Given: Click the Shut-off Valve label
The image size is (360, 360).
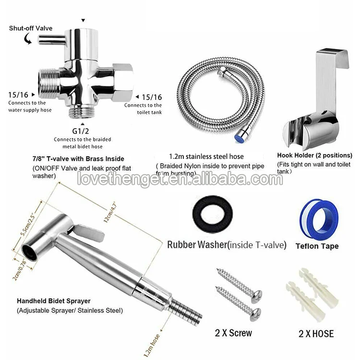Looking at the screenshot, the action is [31, 28].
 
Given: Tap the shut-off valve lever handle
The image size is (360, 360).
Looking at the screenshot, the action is [51, 39].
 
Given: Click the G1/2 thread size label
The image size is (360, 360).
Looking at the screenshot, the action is [80, 131].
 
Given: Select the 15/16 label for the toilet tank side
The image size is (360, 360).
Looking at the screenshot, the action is [152, 97].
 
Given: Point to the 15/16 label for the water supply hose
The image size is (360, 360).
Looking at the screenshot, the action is [18, 95].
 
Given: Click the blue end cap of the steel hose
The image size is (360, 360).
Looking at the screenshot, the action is [238, 138].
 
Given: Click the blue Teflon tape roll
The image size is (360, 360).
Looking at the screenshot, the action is [319, 220].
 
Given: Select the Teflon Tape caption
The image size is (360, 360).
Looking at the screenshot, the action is [317, 246].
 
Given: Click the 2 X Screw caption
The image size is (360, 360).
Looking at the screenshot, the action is [233, 333].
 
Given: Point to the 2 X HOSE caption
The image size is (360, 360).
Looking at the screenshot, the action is [316, 334].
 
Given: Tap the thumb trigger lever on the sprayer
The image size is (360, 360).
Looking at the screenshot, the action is [90, 232].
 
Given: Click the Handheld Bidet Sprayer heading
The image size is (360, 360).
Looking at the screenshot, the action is [53, 301].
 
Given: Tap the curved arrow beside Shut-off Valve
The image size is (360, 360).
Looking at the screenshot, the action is [27, 38].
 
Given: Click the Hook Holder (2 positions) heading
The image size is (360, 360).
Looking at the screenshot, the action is [314, 156].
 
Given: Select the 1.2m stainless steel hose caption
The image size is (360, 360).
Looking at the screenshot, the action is [206, 156].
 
